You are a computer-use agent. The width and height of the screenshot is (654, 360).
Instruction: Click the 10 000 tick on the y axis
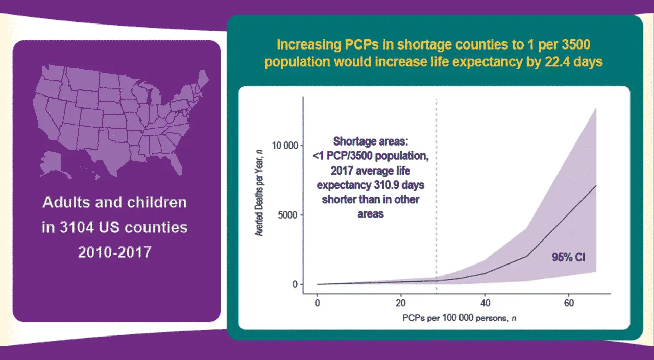coord(284,146)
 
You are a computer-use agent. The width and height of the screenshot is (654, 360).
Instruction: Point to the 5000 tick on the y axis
coord(288,215)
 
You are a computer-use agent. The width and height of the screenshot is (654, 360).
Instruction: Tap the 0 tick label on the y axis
coord(295,284)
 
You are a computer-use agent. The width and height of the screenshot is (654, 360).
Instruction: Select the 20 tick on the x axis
coord(401,303)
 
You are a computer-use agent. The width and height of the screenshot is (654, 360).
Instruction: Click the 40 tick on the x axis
coord(485,303)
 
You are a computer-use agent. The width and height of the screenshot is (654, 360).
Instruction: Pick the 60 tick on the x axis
coord(568,303)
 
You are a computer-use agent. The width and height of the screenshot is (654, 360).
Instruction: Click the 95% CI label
coord(568,258)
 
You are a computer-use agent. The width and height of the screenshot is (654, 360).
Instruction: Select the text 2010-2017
coord(114,252)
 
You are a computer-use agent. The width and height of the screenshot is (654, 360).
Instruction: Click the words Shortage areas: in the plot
coord(371,141)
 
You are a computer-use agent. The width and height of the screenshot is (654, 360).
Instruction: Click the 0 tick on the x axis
coord(317,303)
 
